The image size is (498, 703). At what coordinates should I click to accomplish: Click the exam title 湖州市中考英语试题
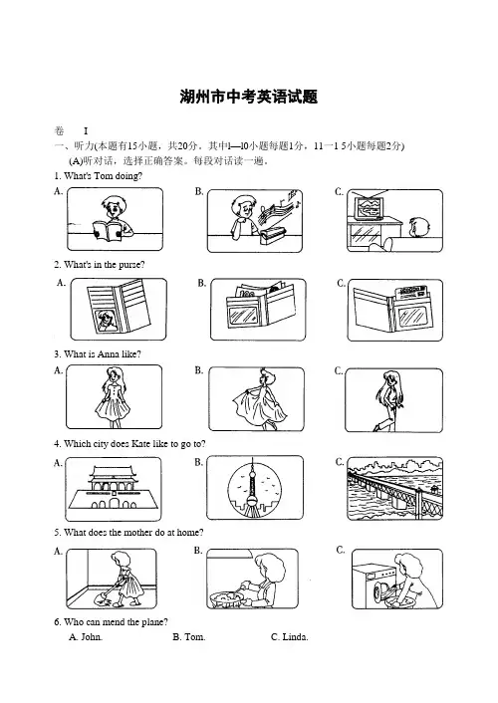click(249, 97)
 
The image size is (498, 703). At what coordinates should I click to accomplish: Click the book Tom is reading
click(107, 230)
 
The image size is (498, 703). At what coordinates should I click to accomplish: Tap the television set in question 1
click(369, 206)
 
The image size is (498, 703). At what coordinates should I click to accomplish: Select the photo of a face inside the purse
click(107, 321)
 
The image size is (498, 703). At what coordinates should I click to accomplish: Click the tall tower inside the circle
click(253, 487)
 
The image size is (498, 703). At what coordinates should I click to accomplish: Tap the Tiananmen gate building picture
click(114, 488)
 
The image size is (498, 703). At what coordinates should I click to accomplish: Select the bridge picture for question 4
click(394, 488)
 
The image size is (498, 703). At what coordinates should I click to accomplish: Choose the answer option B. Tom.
click(189, 637)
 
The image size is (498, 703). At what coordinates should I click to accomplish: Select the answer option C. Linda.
click(290, 637)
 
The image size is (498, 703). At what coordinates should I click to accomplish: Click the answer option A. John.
click(86, 637)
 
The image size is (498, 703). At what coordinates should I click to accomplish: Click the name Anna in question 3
click(109, 354)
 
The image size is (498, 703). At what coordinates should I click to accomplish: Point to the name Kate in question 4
click(140, 444)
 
